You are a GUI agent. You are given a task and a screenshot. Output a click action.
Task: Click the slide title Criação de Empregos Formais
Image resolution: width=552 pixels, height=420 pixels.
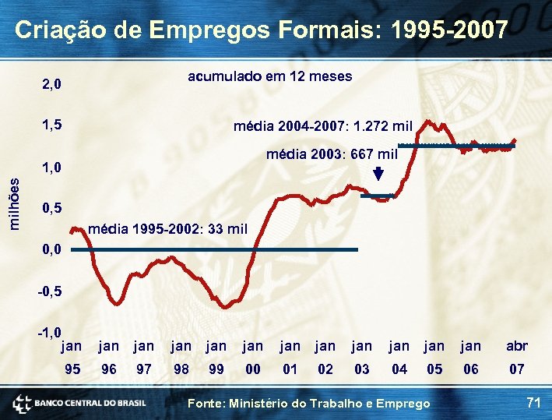[x=262, y=30]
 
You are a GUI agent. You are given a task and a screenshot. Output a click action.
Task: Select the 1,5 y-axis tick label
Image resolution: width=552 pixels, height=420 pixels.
[x=53, y=125]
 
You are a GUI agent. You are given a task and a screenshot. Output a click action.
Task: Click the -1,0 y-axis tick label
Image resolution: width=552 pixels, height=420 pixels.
[x=49, y=333]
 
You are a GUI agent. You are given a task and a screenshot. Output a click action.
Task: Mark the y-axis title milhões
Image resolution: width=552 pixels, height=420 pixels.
[x=14, y=202]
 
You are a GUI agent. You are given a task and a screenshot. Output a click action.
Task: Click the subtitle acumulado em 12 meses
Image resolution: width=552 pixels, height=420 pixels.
[x=269, y=76]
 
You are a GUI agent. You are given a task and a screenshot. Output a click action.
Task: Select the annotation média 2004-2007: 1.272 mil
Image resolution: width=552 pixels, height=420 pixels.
[x=323, y=125]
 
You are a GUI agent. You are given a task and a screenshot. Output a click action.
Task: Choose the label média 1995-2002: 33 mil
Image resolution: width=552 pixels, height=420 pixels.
[x=168, y=229]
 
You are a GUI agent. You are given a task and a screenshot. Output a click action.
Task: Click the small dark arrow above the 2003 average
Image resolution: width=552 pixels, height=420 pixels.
[x=378, y=175]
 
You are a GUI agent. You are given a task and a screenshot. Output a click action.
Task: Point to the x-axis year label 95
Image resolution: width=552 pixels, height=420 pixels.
[x=72, y=369]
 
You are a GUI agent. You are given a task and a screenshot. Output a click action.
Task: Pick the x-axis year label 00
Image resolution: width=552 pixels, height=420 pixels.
[x=253, y=369]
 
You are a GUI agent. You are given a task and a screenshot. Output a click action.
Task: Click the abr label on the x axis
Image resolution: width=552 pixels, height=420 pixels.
[x=516, y=346]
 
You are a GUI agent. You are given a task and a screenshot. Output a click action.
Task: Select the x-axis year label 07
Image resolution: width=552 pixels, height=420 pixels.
[x=516, y=369]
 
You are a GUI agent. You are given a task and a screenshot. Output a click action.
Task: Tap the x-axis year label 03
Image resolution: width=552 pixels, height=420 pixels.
[x=362, y=369]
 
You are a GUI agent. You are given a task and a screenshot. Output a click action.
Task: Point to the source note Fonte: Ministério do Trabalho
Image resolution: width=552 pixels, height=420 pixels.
[x=310, y=403]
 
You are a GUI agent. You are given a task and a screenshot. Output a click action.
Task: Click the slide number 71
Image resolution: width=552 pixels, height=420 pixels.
[x=533, y=402]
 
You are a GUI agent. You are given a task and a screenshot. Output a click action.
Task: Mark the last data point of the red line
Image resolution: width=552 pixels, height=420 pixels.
[x=514, y=142]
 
